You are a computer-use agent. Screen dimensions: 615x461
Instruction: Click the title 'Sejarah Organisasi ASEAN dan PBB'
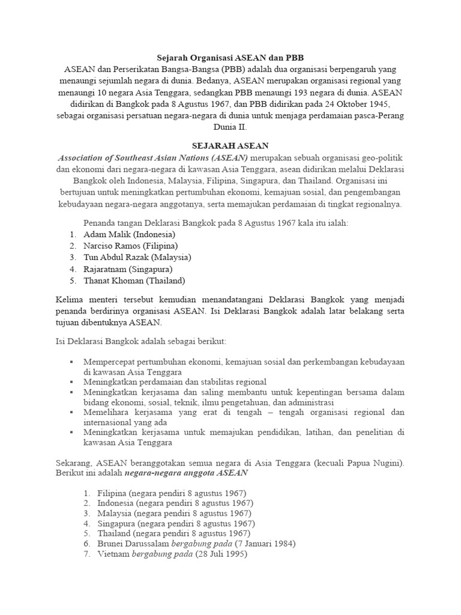click(x=230, y=58)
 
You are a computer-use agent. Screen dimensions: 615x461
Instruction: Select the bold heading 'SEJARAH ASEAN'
click(x=230, y=145)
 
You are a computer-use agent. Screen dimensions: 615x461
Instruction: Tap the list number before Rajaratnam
click(x=72, y=268)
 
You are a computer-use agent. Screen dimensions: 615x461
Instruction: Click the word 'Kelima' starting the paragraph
click(x=61, y=298)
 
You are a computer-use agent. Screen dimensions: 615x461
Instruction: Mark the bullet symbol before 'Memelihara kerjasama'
click(x=71, y=413)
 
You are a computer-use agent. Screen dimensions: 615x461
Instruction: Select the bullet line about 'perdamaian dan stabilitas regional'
click(x=175, y=382)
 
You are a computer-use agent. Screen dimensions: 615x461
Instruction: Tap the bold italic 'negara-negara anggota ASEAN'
click(x=186, y=473)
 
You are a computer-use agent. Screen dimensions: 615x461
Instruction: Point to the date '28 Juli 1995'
click(x=219, y=554)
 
